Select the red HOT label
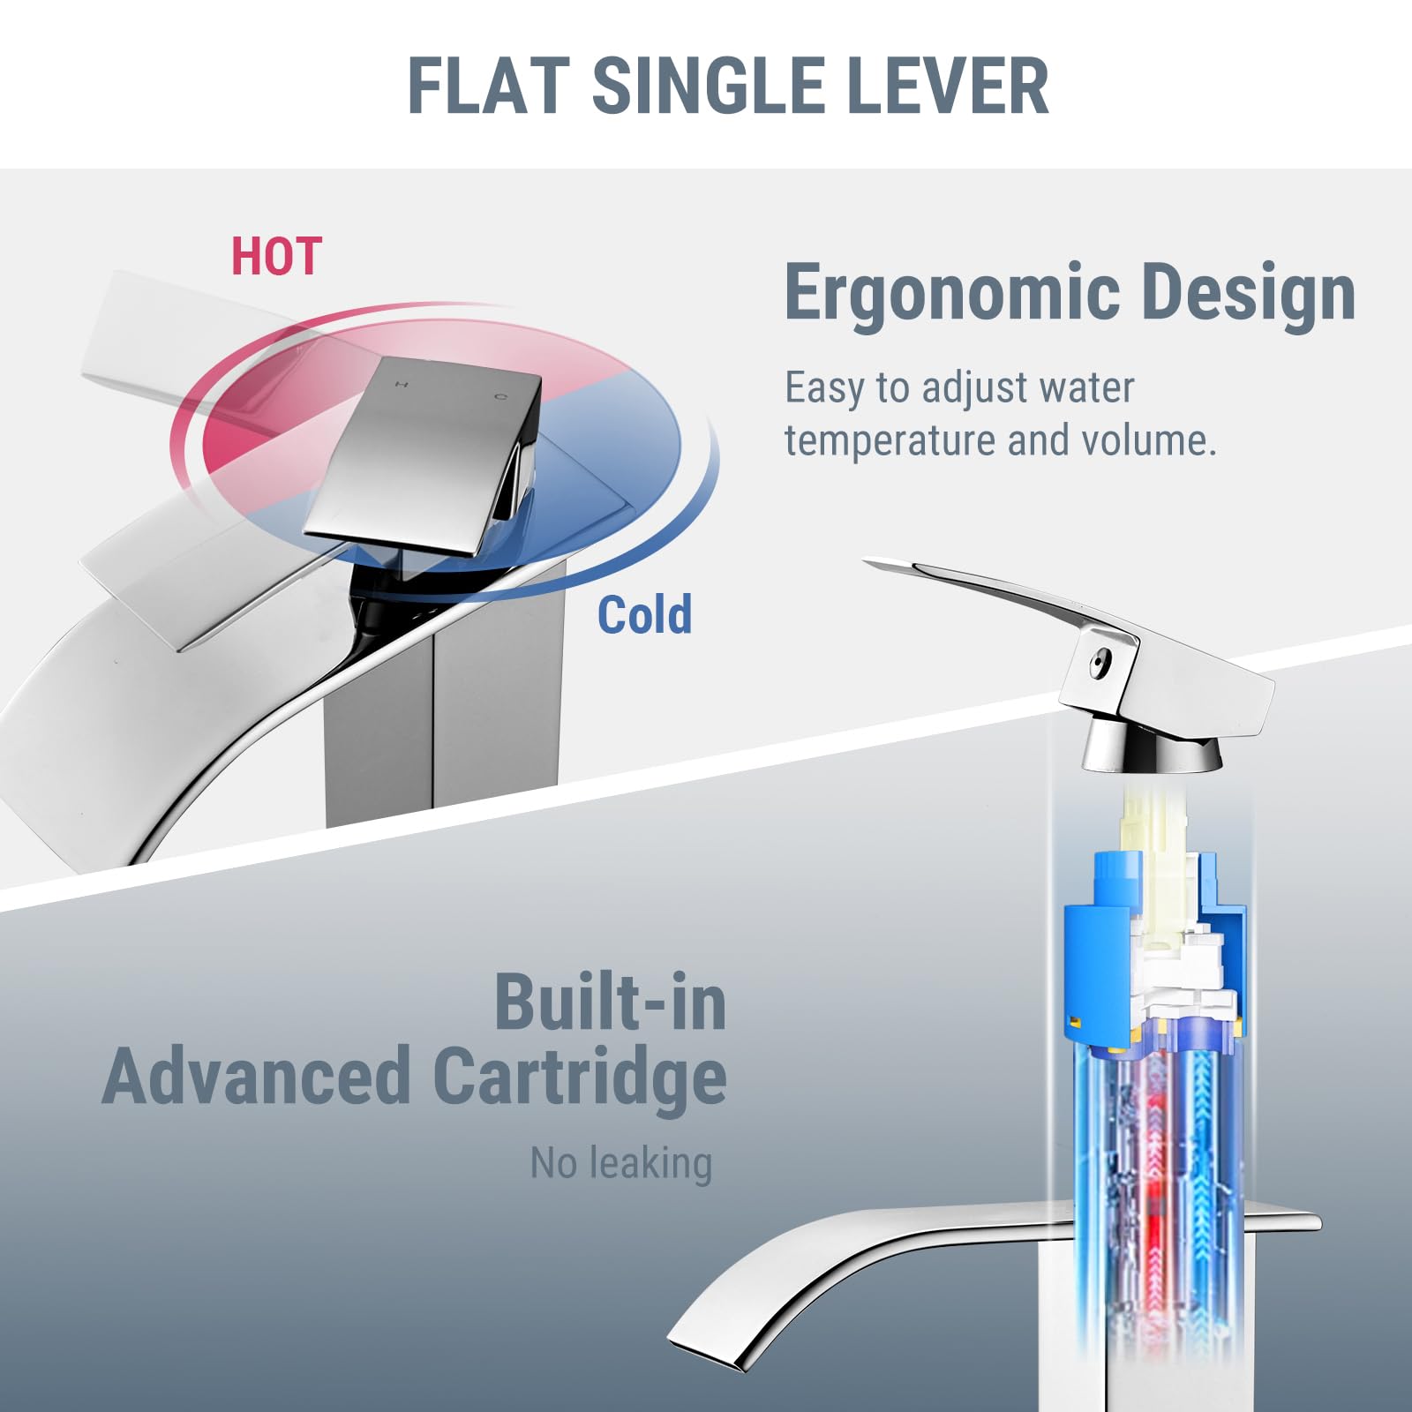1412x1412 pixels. (x=276, y=257)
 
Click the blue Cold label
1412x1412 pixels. (x=644, y=614)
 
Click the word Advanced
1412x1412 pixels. (x=257, y=1076)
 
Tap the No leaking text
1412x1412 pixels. (x=621, y=1163)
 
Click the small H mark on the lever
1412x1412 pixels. (x=402, y=384)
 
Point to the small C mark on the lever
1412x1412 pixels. (x=500, y=397)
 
